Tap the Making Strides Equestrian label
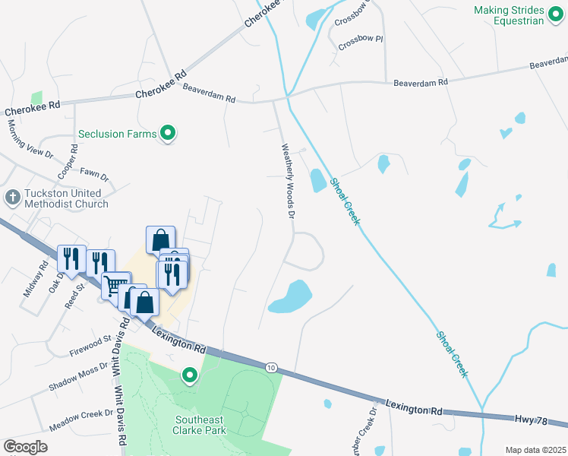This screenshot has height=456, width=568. click(519, 15)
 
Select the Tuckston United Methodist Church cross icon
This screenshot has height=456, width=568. click(12, 198)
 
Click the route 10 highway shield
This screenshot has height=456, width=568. click(271, 368)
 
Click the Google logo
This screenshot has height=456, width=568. click(25, 447)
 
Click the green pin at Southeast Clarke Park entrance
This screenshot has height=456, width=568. click(189, 375)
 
